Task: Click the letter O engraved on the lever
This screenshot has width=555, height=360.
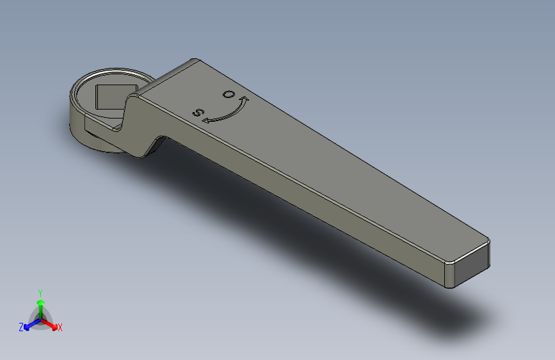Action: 228,94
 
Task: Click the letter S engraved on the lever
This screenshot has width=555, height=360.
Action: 199,113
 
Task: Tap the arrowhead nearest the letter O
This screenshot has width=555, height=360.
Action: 243,99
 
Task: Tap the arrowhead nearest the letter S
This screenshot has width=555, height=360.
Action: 207,119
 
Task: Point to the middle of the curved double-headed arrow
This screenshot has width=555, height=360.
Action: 227,113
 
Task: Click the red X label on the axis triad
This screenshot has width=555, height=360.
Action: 60,327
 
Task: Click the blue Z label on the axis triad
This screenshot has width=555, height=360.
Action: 21,327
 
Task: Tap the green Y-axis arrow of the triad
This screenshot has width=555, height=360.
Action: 40,305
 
